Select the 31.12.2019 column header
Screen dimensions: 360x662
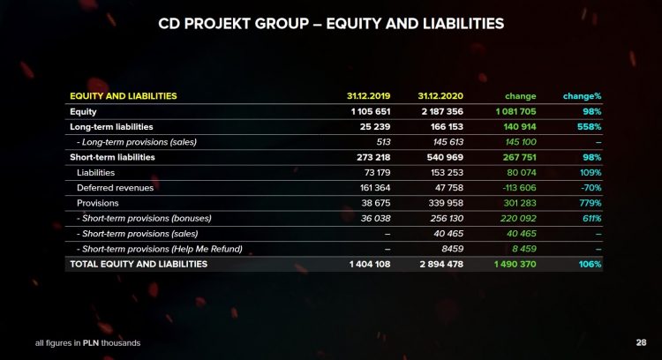368,96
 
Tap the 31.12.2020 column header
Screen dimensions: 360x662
439,96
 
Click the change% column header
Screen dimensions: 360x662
583,96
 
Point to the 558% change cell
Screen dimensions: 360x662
587,127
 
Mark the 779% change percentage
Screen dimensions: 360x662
588,203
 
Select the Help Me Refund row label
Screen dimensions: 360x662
160,248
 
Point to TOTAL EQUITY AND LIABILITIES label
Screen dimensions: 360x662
139,264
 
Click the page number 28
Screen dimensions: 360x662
641,342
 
